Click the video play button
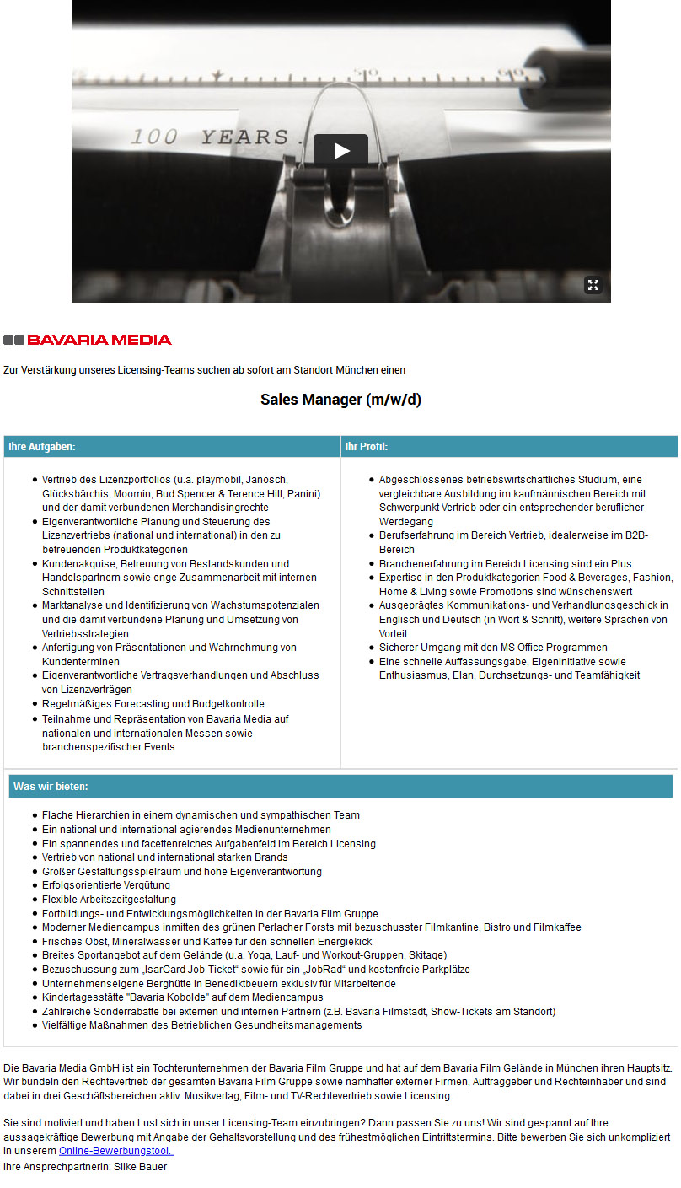(340, 150)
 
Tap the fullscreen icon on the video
(593, 285)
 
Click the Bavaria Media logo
(88, 340)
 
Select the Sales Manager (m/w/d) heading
(340, 400)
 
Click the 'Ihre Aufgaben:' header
(42, 447)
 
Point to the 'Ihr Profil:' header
(367, 447)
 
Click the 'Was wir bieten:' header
(51, 787)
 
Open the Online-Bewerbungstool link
(115, 1151)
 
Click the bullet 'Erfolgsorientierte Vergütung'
(106, 885)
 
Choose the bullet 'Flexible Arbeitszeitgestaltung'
(110, 900)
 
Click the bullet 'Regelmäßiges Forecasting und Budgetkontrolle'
(153, 704)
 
